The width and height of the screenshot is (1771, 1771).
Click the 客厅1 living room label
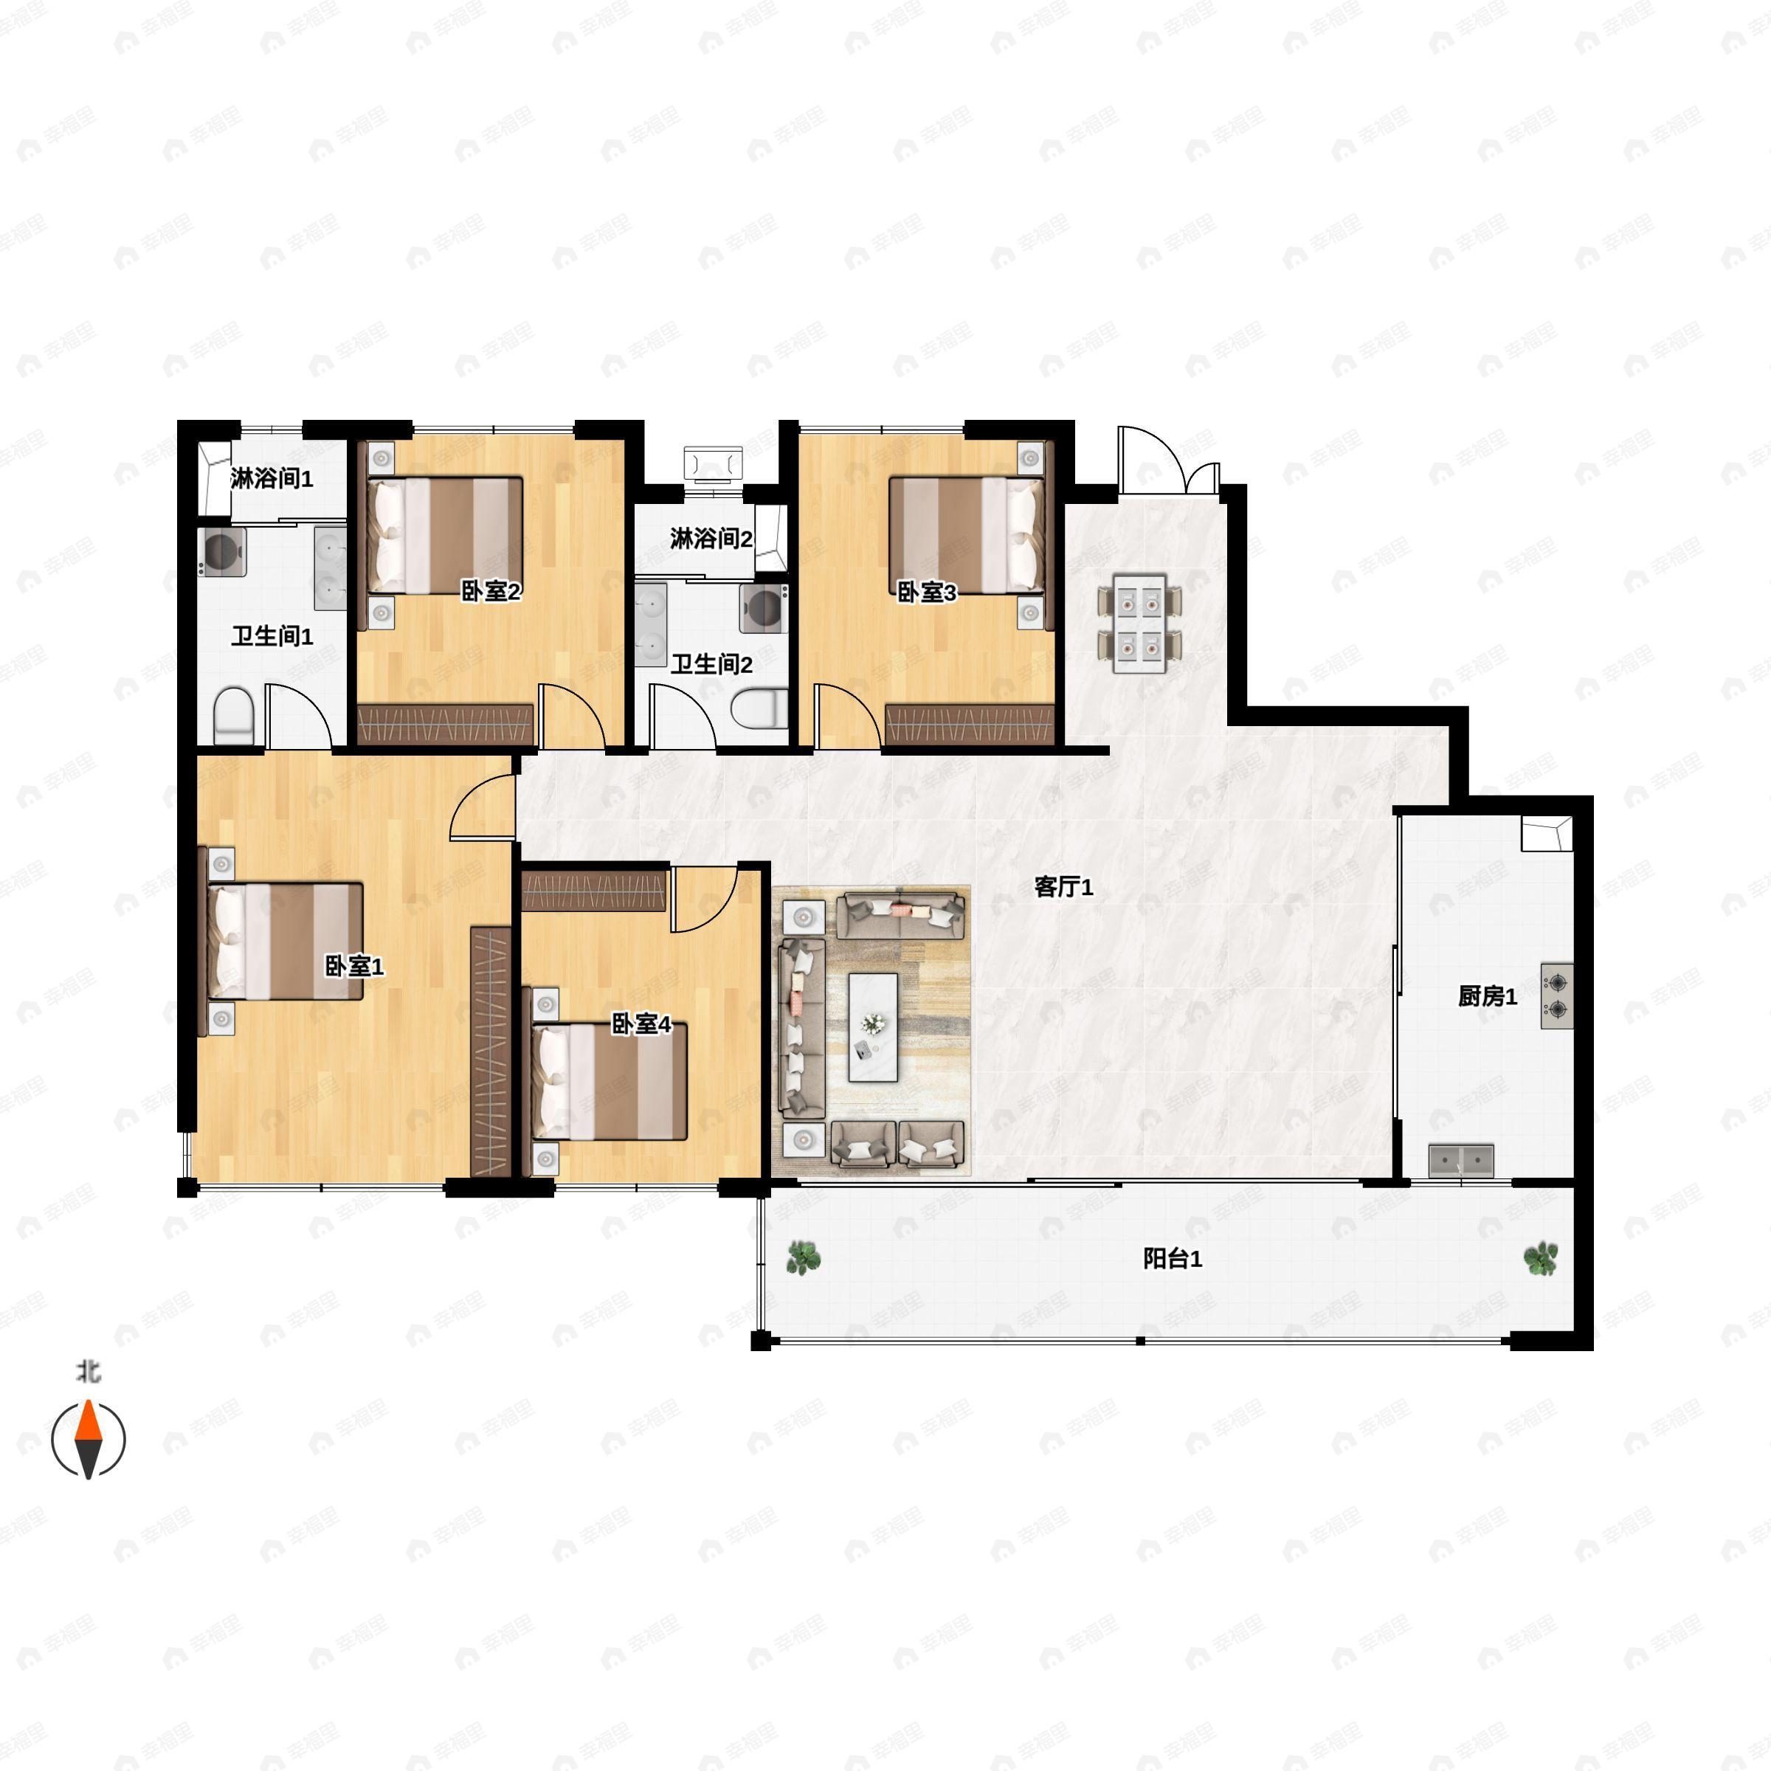(x=1063, y=886)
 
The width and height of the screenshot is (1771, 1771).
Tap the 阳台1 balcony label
(x=1173, y=1259)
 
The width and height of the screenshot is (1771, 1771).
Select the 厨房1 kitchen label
(x=1488, y=995)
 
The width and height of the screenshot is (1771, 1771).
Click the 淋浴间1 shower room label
(x=272, y=477)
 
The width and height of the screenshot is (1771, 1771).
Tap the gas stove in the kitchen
(x=1556, y=996)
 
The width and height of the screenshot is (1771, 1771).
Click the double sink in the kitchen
(x=1461, y=1161)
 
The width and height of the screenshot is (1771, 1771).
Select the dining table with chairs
(x=1139, y=624)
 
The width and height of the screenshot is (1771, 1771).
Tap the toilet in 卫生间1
(x=233, y=716)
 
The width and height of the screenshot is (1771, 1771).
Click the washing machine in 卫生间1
(x=222, y=551)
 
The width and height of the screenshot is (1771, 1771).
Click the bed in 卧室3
(x=967, y=534)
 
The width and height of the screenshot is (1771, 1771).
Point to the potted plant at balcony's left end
(x=803, y=1257)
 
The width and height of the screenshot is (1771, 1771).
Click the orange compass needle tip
(x=88, y=1400)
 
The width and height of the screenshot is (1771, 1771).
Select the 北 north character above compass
(x=88, y=1371)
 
